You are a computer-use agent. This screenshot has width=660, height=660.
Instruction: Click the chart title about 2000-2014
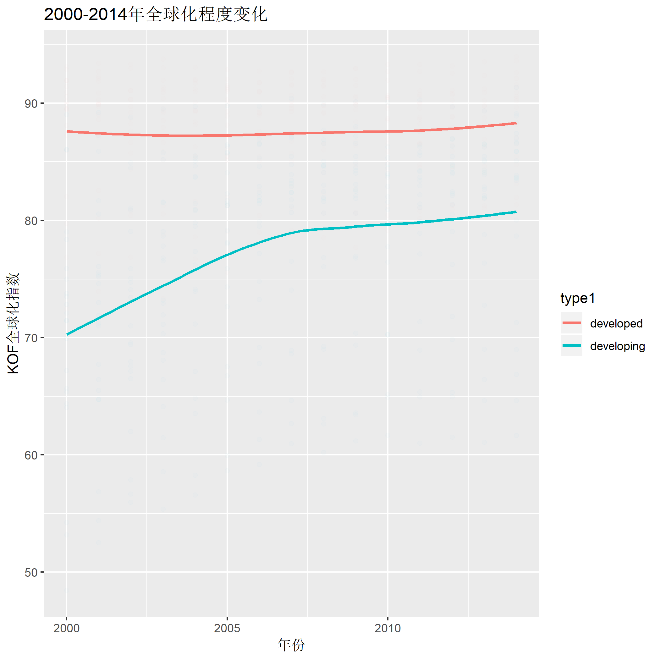coord(156,15)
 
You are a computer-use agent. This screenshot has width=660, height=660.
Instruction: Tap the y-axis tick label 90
coord(31,103)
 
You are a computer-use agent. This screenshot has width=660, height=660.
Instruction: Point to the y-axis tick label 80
coord(31,221)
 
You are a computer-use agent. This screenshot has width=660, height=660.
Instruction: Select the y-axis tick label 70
coord(31,338)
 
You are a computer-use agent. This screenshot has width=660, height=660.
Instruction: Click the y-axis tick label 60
coord(31,455)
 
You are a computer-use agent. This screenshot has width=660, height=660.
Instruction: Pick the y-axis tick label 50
coord(31,573)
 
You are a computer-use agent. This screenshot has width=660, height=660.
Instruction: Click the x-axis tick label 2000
coord(66,628)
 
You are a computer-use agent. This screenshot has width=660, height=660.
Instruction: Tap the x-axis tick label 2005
coord(227,628)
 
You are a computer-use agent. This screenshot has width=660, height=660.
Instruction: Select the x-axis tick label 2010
coord(388,628)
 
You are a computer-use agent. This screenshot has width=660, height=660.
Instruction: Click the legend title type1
coord(578,298)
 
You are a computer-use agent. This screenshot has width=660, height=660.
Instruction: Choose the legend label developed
coord(616,323)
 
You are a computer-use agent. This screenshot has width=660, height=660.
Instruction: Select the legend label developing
coord(617,346)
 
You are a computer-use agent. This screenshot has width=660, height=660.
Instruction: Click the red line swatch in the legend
coord(571,323)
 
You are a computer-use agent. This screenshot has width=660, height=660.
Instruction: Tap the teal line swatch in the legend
coord(571,345)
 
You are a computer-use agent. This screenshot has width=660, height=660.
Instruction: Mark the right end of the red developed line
coord(515,123)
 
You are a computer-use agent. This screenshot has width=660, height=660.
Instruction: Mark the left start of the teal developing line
coord(67,334)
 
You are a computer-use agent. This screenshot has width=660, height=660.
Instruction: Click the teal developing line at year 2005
coord(227,255)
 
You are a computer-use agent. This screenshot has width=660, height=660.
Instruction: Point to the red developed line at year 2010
coord(388,131)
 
